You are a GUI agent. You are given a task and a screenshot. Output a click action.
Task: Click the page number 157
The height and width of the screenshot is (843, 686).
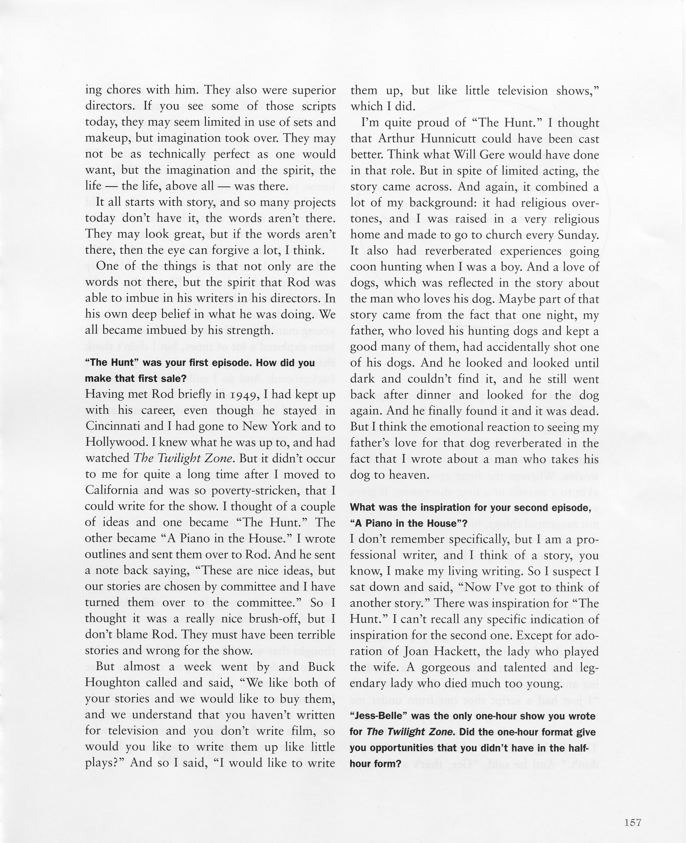pyautogui.click(x=633, y=812)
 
